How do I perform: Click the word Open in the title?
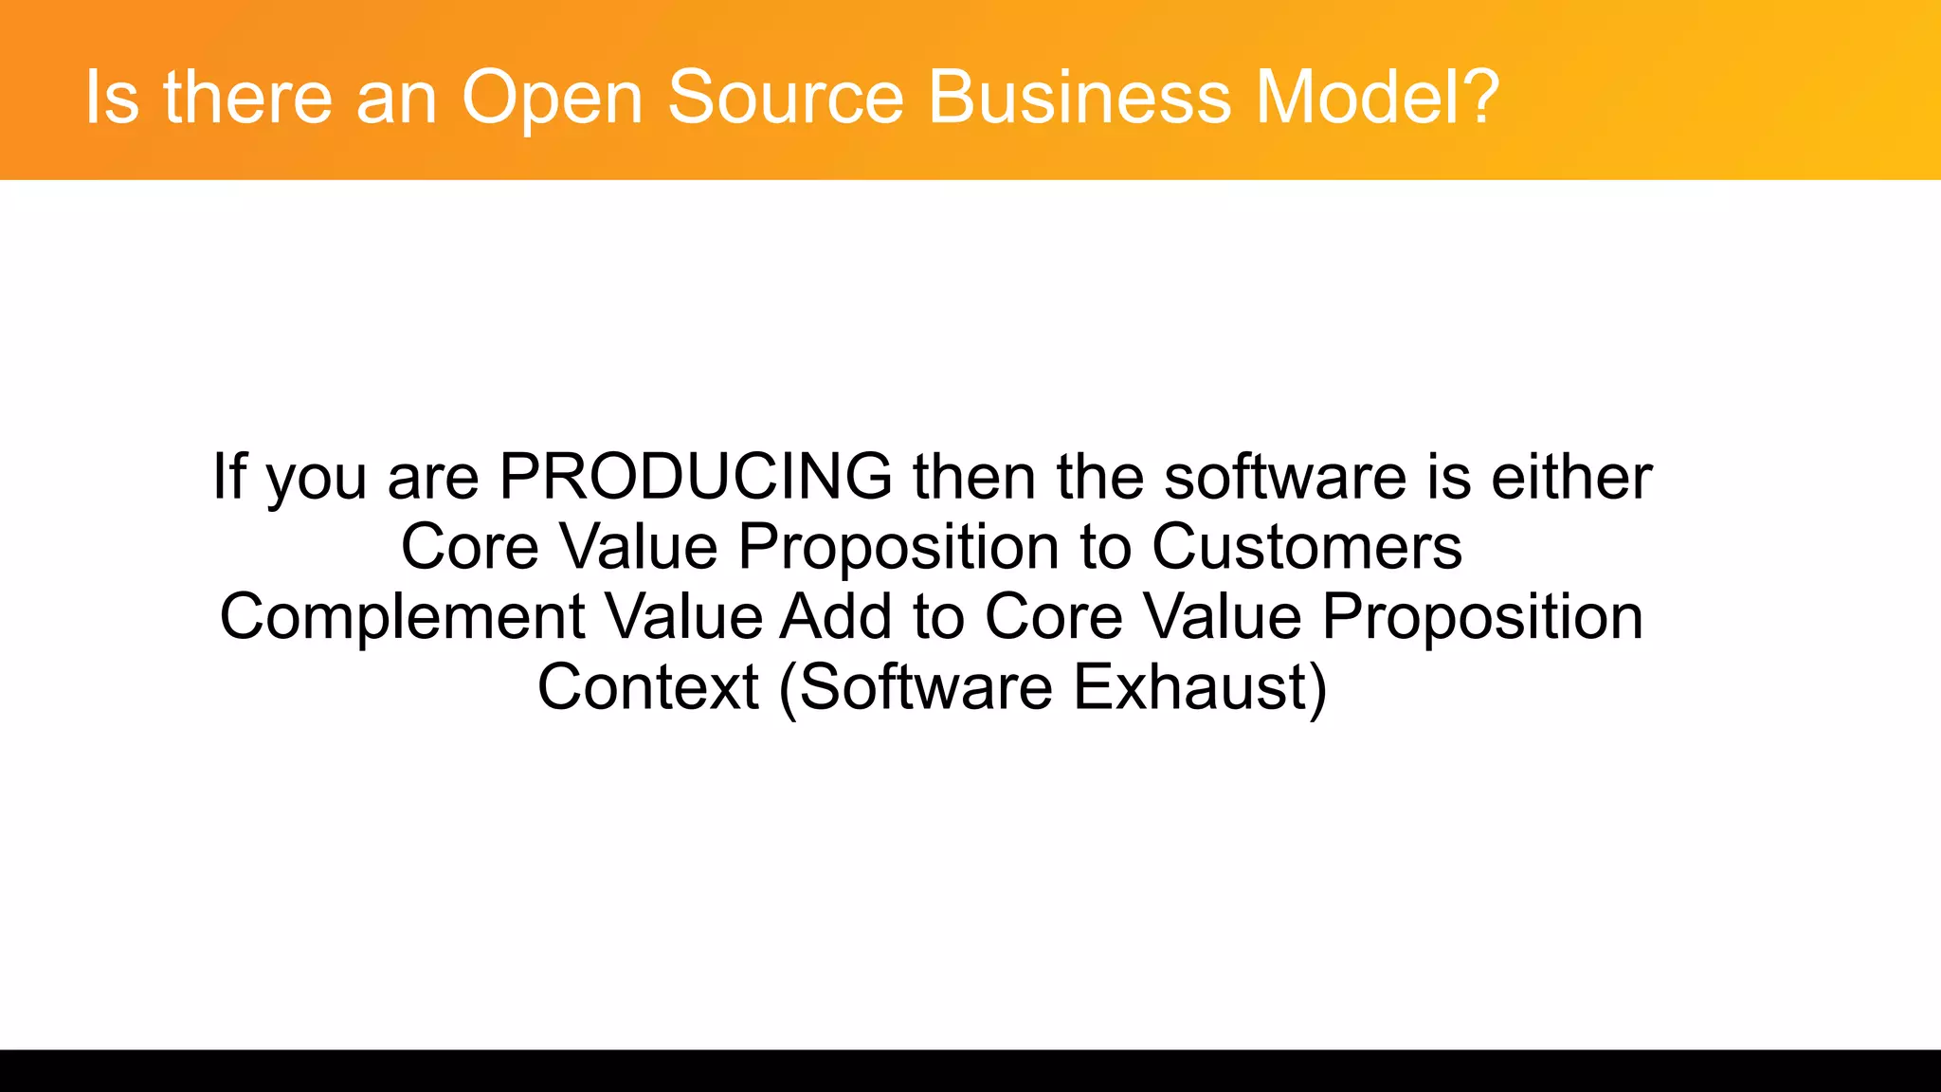coord(551,98)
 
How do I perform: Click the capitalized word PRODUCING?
coord(695,476)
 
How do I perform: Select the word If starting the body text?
coord(228,476)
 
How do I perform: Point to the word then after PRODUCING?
coord(973,476)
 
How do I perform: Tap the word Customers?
coord(1307,547)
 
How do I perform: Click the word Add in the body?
coord(835,616)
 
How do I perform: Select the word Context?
coord(647,687)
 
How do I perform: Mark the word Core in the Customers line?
coord(469,547)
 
